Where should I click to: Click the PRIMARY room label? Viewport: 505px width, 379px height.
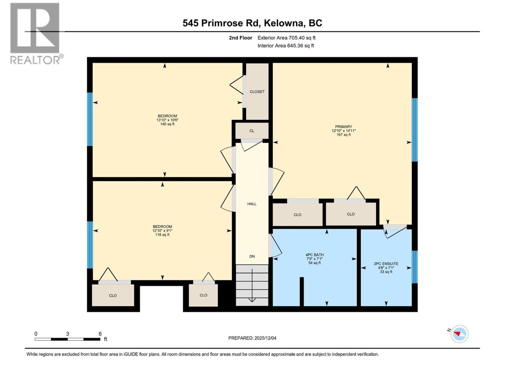[x=343, y=127]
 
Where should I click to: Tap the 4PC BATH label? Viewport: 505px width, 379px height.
[x=314, y=255]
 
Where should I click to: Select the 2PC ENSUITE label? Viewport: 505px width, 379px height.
[x=386, y=264]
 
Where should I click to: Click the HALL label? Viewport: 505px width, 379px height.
[x=252, y=204]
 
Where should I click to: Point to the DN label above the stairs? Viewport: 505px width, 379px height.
[x=252, y=256]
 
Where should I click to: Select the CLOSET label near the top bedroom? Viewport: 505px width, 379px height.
[x=257, y=92]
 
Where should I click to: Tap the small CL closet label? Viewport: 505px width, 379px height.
[x=252, y=131]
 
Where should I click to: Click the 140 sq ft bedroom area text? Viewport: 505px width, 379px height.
[x=167, y=124]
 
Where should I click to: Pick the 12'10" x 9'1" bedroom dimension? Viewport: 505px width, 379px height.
[x=162, y=231]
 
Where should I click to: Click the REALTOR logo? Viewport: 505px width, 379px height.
[x=35, y=33]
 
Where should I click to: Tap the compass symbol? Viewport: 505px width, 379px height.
[x=459, y=334]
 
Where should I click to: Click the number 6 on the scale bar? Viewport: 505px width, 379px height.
[x=100, y=334]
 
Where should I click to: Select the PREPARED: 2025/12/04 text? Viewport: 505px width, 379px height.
[x=252, y=338]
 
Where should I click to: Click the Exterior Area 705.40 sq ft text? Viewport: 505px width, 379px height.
[x=286, y=38]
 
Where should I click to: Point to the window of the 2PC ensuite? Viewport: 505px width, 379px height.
[x=415, y=267]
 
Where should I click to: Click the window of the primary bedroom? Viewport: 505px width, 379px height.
[x=415, y=130]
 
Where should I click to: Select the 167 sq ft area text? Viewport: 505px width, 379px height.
[x=343, y=135]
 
